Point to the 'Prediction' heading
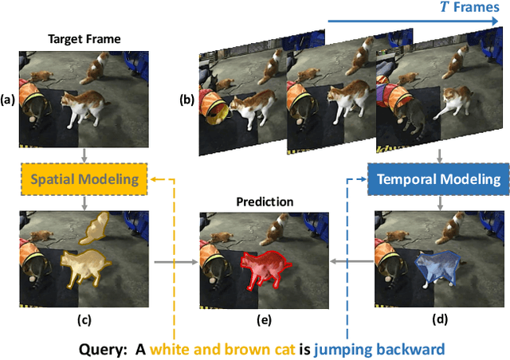point(264,202)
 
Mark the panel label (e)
point(264,321)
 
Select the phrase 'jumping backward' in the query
point(379,349)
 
